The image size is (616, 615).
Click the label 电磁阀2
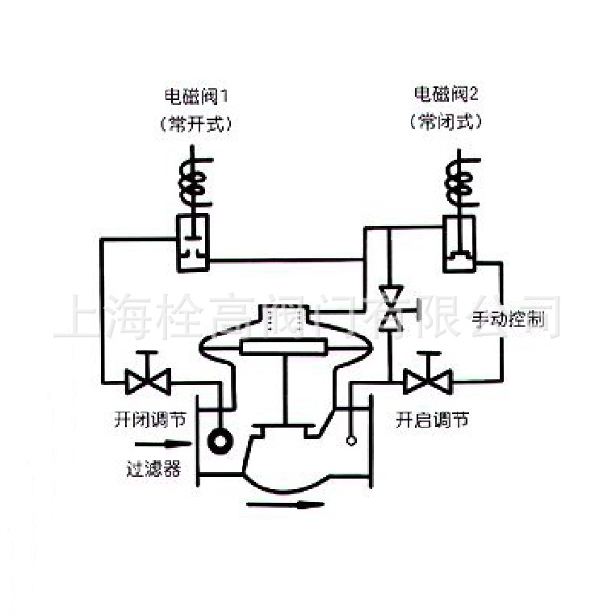446,95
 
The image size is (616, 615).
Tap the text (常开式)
198,124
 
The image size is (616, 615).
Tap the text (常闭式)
446,124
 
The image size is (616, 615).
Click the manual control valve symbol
392,307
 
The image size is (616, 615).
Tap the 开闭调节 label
149,420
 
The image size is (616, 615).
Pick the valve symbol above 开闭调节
149,376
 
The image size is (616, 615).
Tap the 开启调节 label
430,420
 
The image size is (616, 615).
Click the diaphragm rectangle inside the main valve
283,347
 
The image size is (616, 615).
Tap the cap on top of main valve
283,318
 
